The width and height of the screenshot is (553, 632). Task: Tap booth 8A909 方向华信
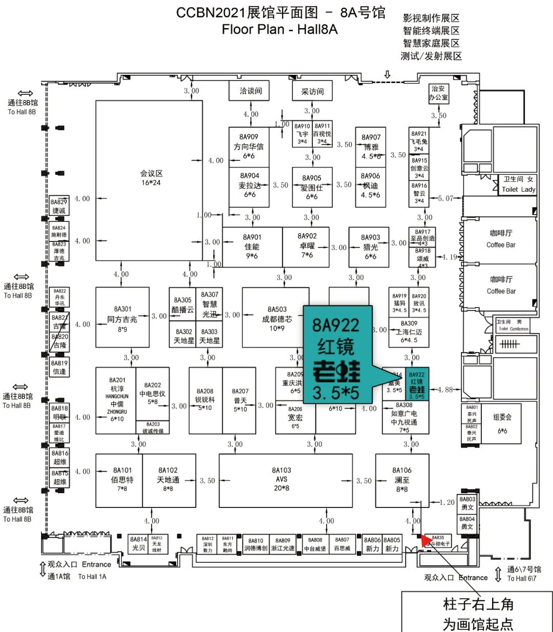249,147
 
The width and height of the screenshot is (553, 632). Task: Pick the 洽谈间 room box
251,91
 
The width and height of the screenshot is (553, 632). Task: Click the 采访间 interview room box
312,92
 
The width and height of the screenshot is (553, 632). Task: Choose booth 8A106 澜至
402,480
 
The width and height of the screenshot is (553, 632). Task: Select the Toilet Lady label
518,189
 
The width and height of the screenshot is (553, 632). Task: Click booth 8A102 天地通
168,480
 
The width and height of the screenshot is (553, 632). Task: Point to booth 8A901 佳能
252,247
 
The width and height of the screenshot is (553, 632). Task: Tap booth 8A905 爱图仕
312,187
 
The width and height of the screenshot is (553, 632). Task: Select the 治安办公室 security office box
438,93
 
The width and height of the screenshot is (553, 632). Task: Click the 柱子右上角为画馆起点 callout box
477,613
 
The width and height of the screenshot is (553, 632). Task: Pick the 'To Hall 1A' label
92,577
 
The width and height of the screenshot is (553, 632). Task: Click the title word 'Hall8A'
317,29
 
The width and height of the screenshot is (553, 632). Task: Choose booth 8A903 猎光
370,247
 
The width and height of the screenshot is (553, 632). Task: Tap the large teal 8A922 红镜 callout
336,354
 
